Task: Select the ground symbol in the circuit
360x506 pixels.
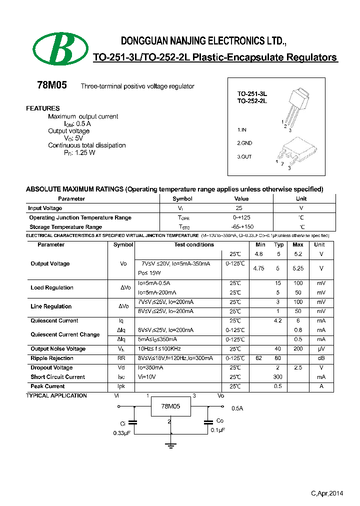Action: click(x=170, y=443)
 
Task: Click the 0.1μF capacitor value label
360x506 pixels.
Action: click(x=217, y=430)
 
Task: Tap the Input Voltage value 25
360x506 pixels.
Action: click(x=239, y=208)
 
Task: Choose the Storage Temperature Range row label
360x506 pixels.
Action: click(x=65, y=227)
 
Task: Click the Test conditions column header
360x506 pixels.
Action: click(x=194, y=244)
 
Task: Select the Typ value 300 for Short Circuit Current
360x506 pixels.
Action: click(x=277, y=377)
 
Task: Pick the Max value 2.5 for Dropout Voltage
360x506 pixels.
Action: click(x=298, y=367)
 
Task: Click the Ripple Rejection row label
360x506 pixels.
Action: click(x=52, y=358)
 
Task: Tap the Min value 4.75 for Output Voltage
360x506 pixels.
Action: click(x=259, y=268)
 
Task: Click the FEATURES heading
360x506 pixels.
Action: click(x=43, y=108)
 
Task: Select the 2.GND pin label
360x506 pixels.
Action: click(x=244, y=143)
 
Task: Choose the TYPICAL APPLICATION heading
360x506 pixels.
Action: click(x=56, y=395)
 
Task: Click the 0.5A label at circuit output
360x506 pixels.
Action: click(x=237, y=408)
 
